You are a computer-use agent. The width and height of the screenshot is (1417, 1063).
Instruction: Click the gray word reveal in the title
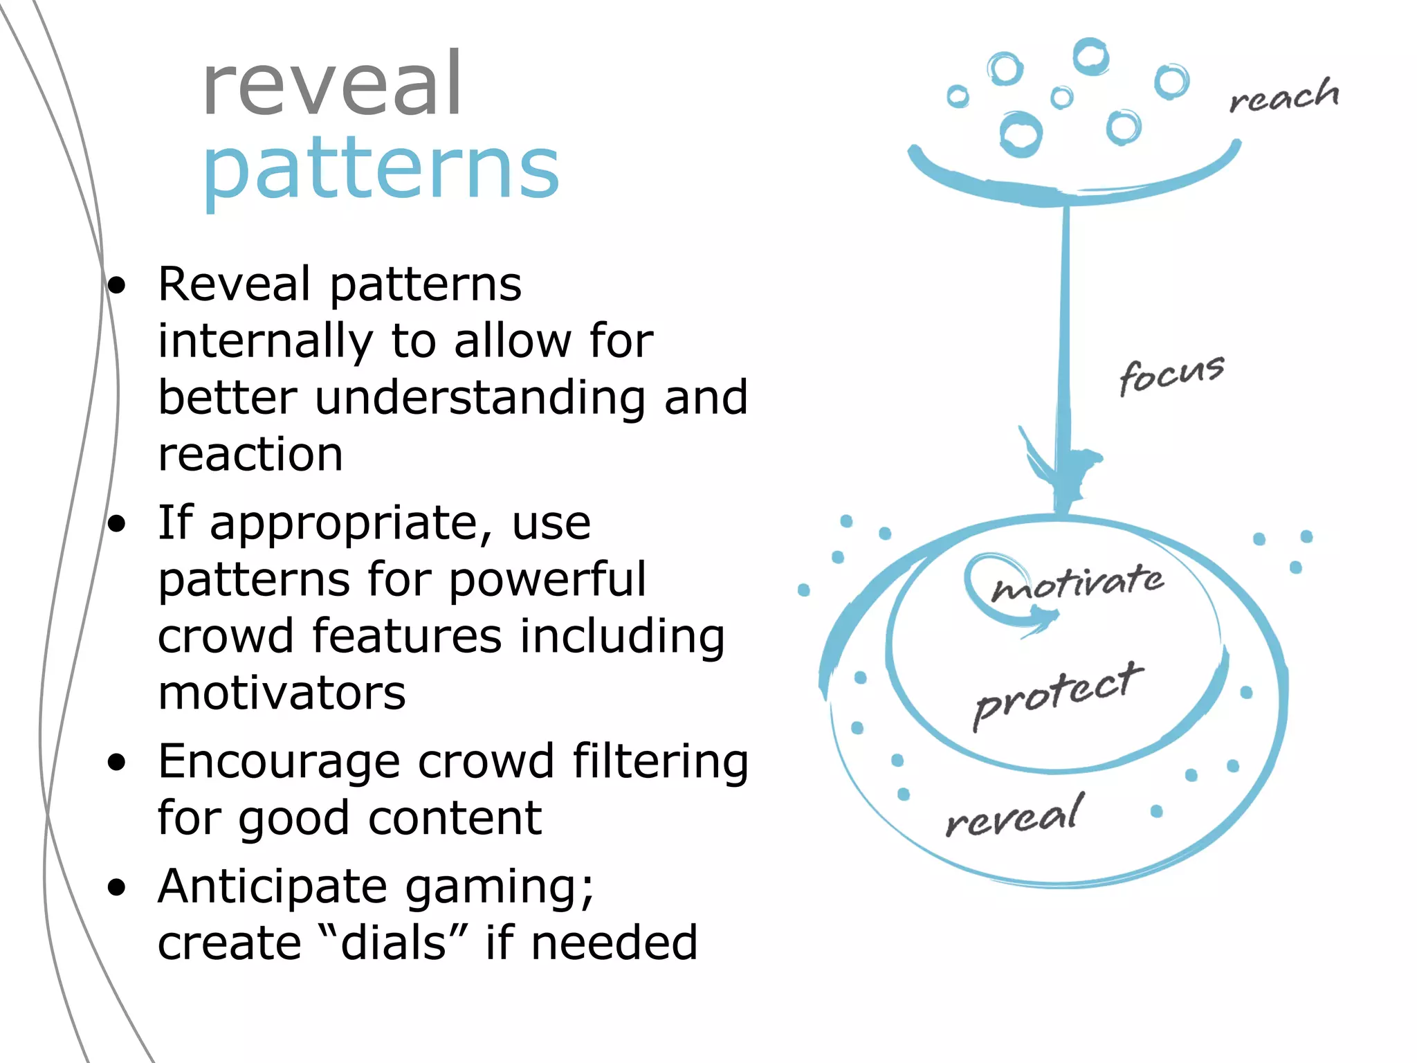(332, 85)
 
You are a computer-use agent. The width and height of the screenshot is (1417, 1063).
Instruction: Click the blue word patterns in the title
(381, 170)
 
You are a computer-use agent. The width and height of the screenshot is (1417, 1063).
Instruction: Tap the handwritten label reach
(1284, 97)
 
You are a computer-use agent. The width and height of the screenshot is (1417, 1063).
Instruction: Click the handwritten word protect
(1057, 694)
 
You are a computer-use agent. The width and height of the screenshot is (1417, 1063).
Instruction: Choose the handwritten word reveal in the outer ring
(1013, 817)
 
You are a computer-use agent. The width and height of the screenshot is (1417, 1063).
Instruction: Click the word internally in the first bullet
(266, 341)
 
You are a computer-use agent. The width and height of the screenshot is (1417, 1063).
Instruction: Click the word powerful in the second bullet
(547, 579)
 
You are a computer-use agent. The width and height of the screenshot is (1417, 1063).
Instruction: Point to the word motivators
(282, 693)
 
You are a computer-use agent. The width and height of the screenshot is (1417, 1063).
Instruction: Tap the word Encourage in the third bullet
(279, 762)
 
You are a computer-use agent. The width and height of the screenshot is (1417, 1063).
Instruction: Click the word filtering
(661, 762)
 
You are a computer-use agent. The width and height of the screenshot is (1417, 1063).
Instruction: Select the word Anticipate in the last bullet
(273, 887)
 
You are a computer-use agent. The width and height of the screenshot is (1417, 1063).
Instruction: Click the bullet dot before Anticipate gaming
(117, 888)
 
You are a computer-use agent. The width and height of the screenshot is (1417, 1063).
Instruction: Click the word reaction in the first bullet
(250, 455)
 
